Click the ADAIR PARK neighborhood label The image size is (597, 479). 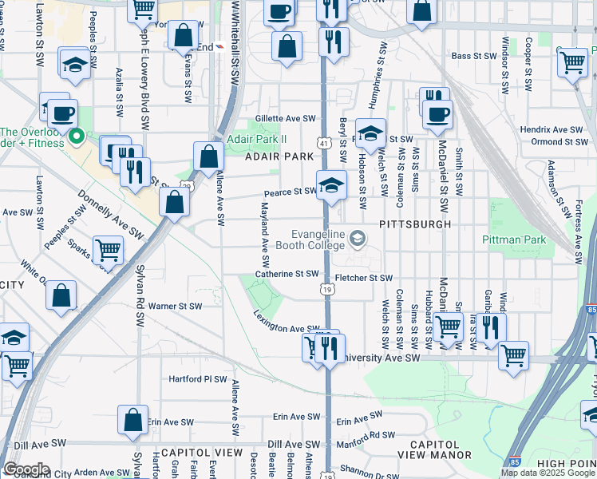click(279, 156)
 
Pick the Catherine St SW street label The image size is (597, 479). click(287, 274)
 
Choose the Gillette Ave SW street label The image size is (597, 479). click(286, 118)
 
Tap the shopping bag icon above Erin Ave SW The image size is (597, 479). click(133, 419)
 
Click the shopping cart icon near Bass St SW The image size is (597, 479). click(571, 61)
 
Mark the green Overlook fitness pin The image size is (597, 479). click(77, 137)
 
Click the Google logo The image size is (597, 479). click(26, 469)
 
